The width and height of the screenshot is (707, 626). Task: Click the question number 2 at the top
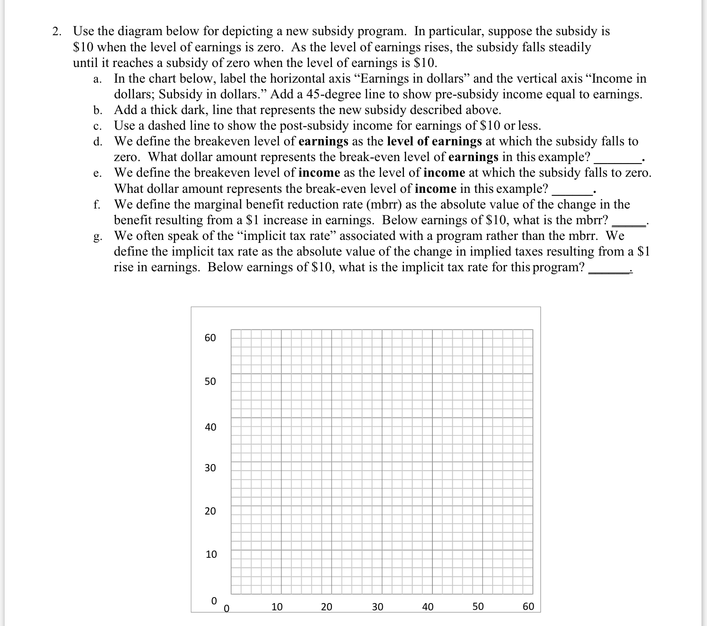point(56,31)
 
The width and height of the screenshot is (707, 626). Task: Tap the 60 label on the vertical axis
point(210,338)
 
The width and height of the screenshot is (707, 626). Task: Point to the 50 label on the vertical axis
point(210,381)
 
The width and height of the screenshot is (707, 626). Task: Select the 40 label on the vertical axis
point(210,427)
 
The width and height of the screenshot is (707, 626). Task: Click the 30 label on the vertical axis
point(210,468)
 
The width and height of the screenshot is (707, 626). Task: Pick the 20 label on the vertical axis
point(210,511)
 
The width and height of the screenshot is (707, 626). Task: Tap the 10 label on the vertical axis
point(211,554)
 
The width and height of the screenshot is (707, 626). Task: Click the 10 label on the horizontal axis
point(277,607)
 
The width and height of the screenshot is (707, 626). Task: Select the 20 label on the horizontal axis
point(326,607)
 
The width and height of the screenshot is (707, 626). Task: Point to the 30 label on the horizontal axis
point(377,607)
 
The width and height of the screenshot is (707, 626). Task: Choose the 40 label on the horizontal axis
point(428,607)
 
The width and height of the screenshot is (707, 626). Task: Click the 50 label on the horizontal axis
point(478,607)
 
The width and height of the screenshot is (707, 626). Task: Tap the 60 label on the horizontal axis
point(528,607)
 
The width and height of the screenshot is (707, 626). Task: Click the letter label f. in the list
point(97,205)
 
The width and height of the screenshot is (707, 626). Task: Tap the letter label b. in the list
point(97,110)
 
